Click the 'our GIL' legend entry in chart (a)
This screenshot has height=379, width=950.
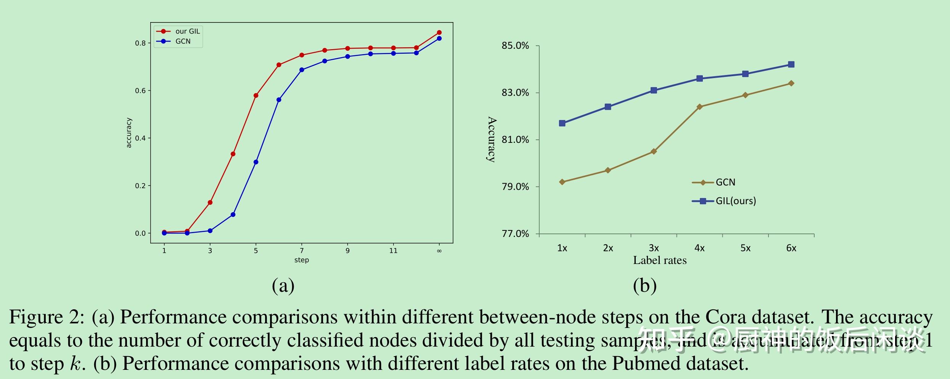click(187, 31)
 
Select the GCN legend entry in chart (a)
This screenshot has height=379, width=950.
click(183, 41)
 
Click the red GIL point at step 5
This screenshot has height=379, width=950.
click(256, 96)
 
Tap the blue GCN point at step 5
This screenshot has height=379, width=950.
click(256, 162)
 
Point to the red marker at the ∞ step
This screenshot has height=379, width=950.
click(439, 33)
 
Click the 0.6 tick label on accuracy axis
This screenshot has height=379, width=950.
click(140, 91)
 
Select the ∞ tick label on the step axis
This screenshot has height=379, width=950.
click(439, 251)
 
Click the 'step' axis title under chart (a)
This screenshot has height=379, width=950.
click(301, 260)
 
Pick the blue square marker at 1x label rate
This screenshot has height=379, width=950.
click(562, 123)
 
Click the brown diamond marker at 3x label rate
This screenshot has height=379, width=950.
click(654, 152)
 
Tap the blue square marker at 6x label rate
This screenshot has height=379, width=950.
click(791, 65)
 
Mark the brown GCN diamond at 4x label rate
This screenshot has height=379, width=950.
click(699, 107)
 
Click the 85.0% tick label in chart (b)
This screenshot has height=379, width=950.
click(515, 46)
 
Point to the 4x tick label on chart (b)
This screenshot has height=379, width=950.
click(699, 248)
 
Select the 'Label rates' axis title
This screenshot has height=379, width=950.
click(660, 261)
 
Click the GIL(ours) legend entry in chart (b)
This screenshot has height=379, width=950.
click(735, 201)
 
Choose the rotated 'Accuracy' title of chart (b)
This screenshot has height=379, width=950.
click(492, 139)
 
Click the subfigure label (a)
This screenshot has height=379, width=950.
click(283, 286)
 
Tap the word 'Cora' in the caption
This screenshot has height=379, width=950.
click(722, 317)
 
